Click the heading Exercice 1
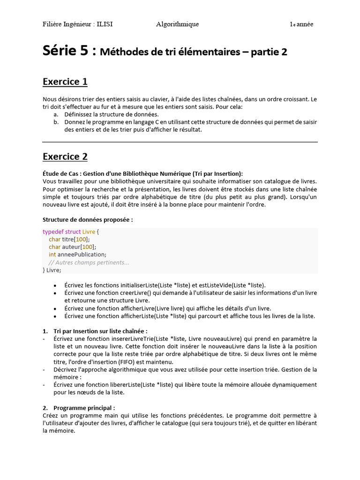(x=65, y=82)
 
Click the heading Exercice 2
(x=65, y=157)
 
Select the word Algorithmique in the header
(x=177, y=24)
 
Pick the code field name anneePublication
(x=81, y=255)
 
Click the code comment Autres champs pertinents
(x=92, y=262)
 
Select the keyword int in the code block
(x=52, y=255)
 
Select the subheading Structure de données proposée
(x=88, y=219)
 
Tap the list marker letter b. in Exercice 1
(x=56, y=122)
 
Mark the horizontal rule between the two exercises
(x=180, y=142)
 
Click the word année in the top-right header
(x=305, y=24)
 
